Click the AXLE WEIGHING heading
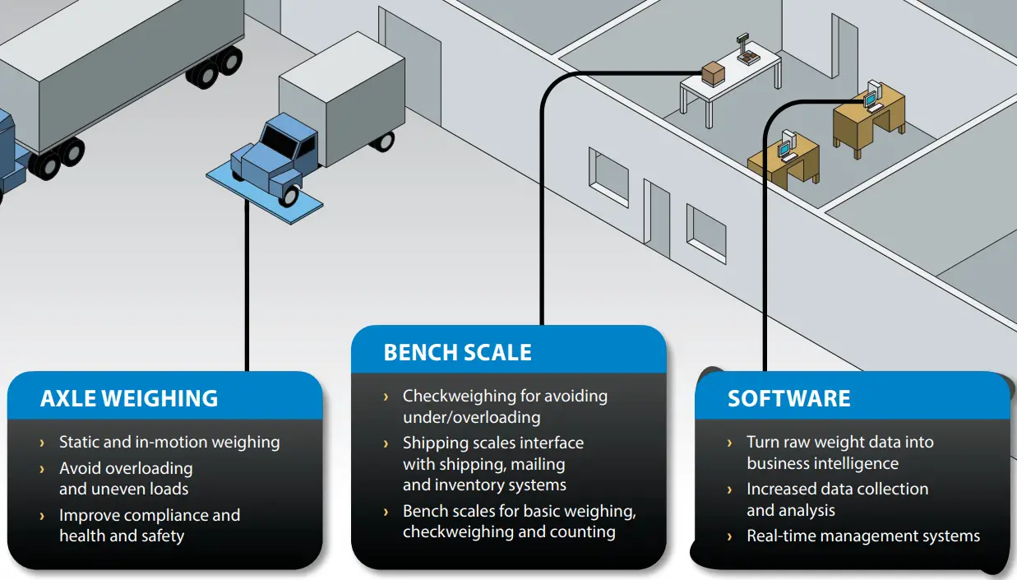coord(129,399)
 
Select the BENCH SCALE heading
coord(457,353)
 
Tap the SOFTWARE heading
coord(788,399)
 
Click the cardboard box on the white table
coord(713,73)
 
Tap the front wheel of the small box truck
coord(289,195)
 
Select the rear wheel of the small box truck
coord(382,141)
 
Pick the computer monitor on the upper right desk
coord(871,94)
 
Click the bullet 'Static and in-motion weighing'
coord(169,443)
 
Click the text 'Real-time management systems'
coord(862,536)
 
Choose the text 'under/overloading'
coord(471,417)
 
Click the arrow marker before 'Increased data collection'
coord(730,490)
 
